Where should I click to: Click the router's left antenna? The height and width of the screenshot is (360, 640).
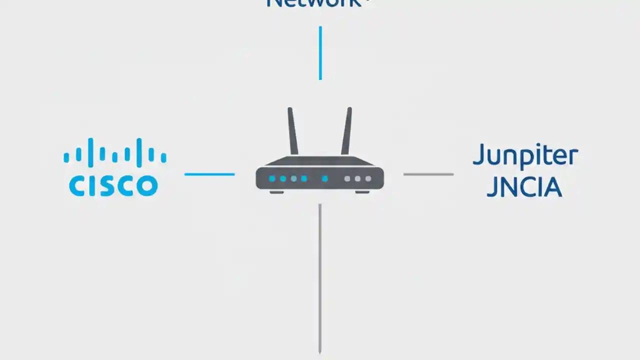(x=292, y=131)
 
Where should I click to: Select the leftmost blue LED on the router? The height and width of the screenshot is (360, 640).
(x=272, y=178)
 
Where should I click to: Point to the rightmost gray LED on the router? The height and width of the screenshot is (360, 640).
(x=368, y=178)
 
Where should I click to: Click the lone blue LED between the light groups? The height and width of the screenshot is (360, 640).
(x=324, y=178)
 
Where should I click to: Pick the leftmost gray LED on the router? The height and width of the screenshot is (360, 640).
(x=347, y=178)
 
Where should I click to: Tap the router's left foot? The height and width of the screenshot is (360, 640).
(x=276, y=191)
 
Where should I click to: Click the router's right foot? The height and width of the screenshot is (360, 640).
(x=362, y=191)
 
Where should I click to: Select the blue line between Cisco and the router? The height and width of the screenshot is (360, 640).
(x=209, y=174)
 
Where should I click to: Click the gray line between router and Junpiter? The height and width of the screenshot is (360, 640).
(x=428, y=174)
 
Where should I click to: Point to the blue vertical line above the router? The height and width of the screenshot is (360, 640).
(x=320, y=53)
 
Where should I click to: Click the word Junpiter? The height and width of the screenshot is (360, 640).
(x=525, y=156)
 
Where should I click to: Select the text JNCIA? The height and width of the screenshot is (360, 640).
(x=524, y=187)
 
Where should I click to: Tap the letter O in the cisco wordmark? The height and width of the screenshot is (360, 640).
(x=146, y=186)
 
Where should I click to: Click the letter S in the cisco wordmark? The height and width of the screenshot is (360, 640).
(x=98, y=186)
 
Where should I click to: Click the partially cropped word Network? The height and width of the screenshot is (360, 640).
(x=314, y=3)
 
